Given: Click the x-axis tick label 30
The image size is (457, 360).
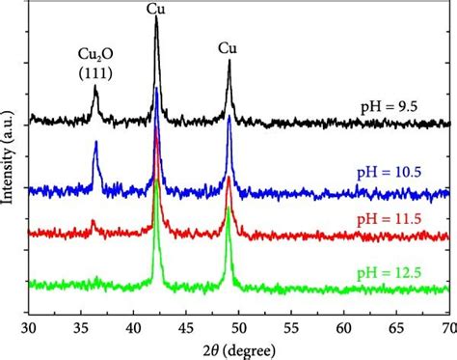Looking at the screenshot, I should tap(30, 329).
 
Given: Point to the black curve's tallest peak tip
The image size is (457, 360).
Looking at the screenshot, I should tap(156, 18).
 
